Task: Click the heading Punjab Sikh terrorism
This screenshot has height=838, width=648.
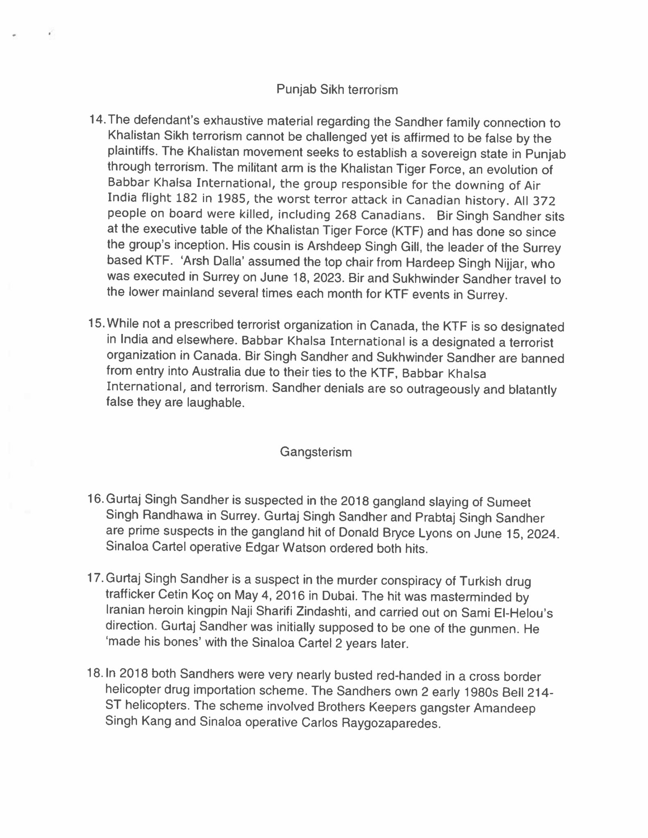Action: (x=337, y=90)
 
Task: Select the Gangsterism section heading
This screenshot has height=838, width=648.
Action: (x=316, y=452)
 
